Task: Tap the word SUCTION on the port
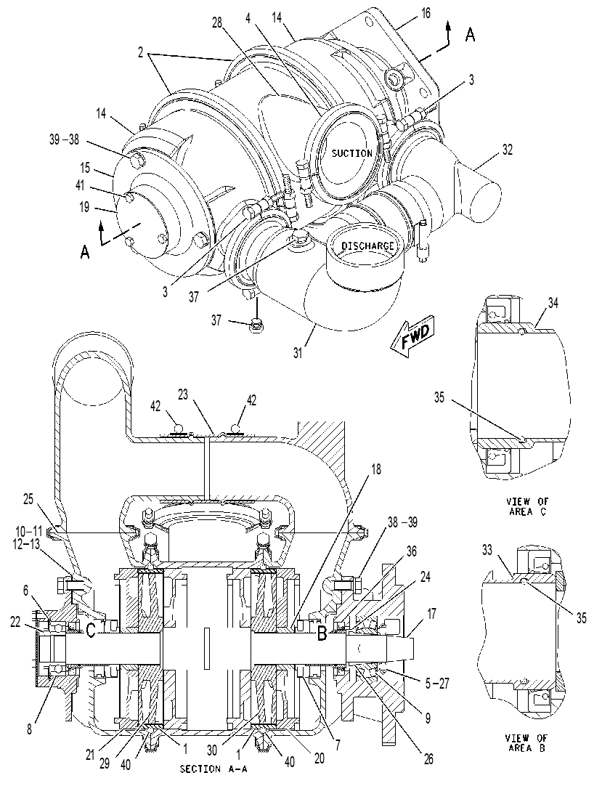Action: pyautogui.click(x=352, y=153)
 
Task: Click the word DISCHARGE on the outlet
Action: pyautogui.click(x=368, y=246)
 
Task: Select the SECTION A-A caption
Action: pyautogui.click(x=213, y=769)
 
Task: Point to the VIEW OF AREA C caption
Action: pyautogui.click(x=527, y=507)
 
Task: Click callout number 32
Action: pyautogui.click(x=508, y=150)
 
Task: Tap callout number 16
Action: pyautogui.click(x=425, y=12)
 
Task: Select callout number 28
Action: pyautogui.click(x=217, y=23)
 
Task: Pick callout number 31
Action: pyautogui.click(x=298, y=353)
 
